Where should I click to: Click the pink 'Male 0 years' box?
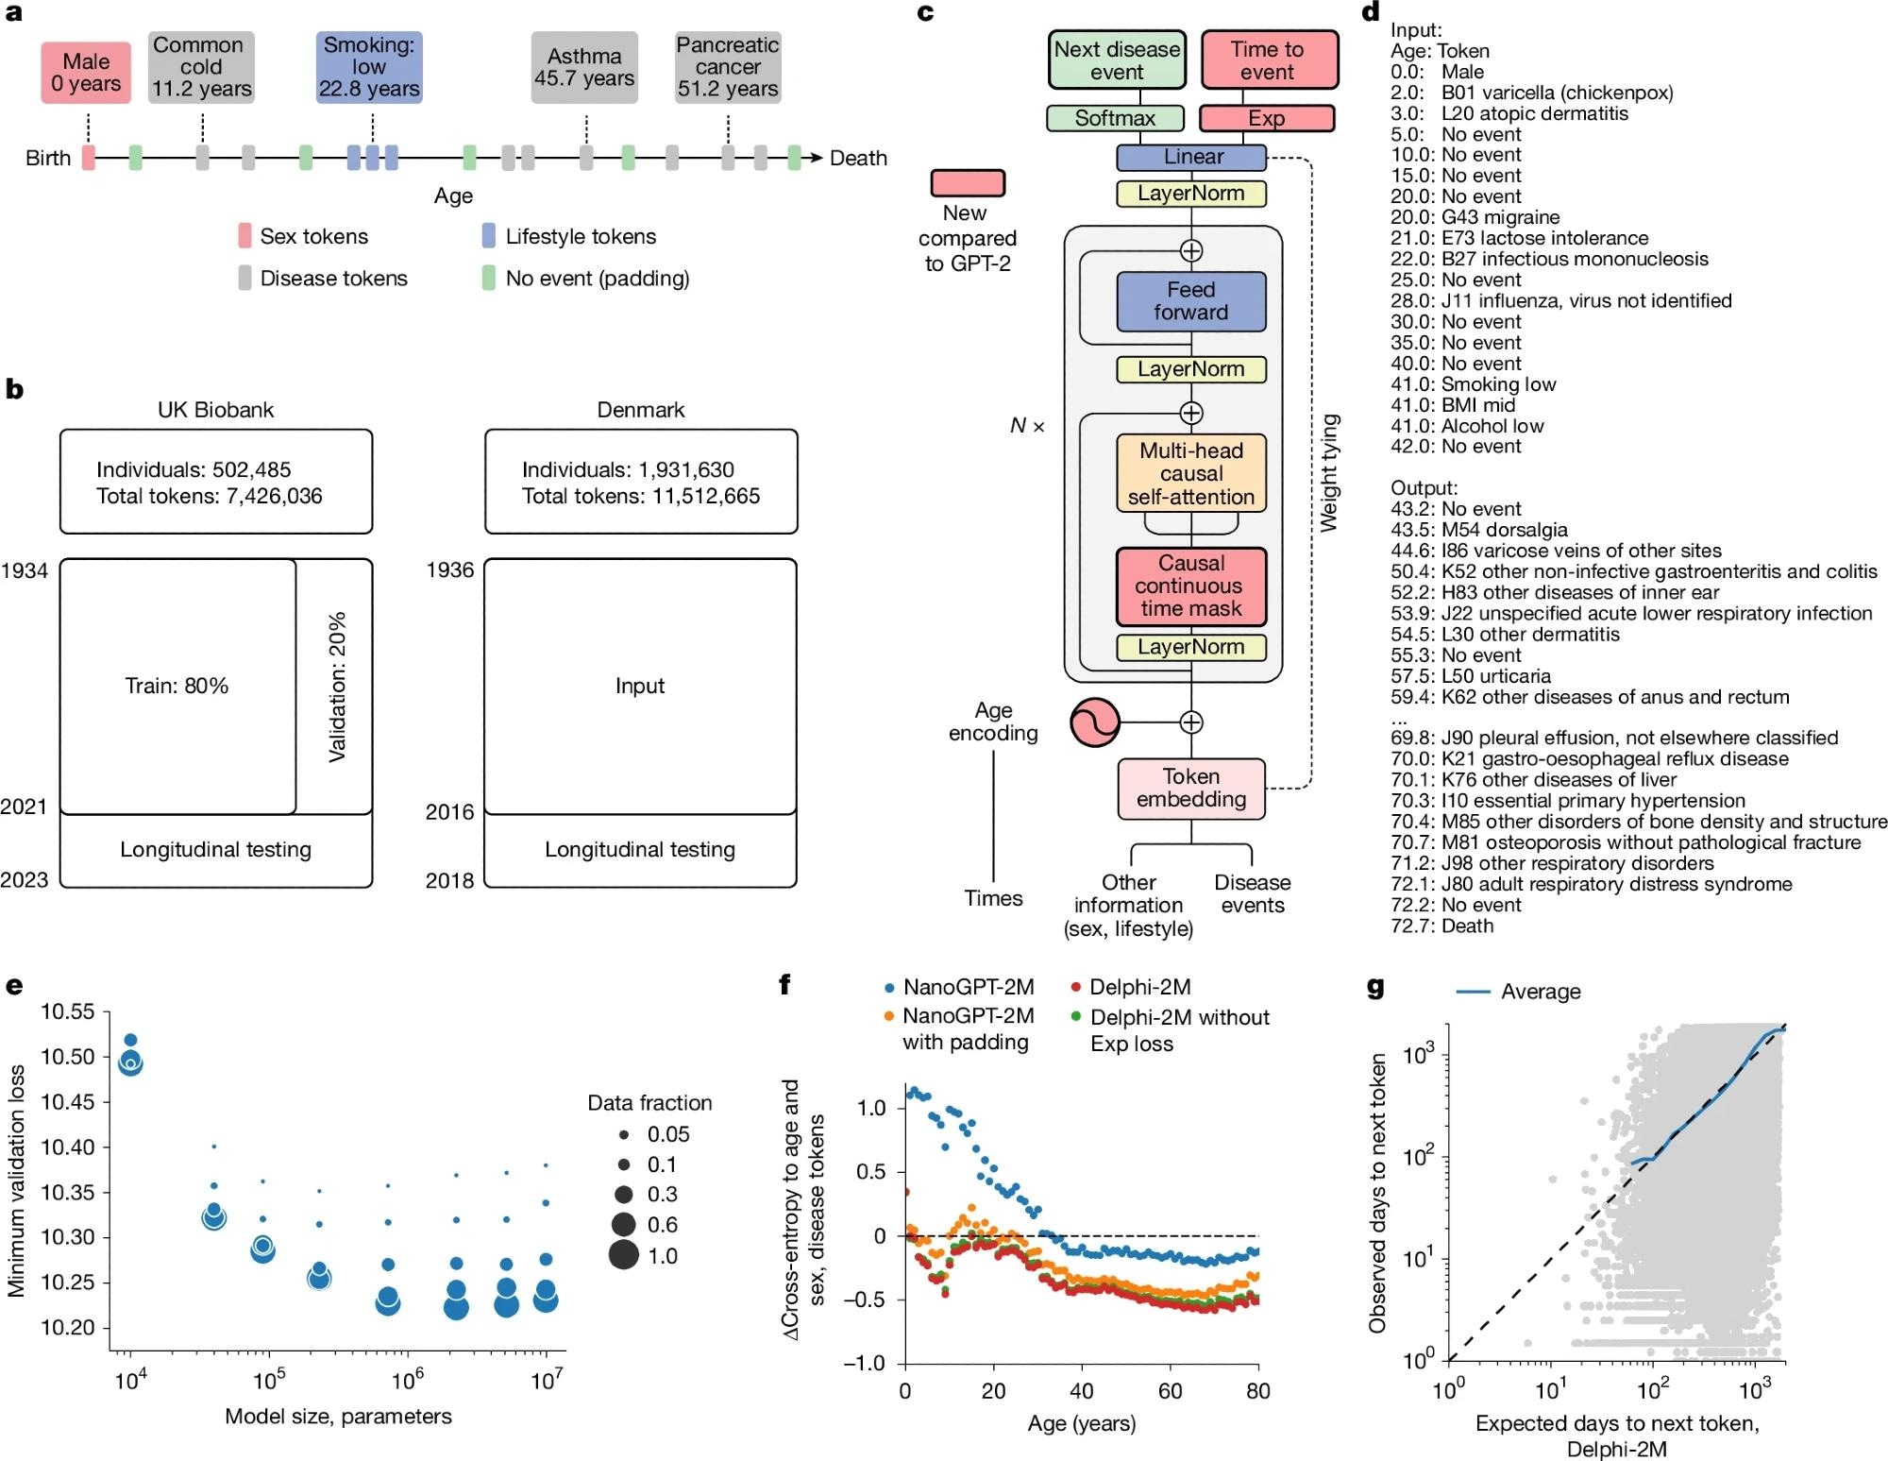[x=86, y=74]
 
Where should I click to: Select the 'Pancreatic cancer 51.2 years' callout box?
[x=728, y=67]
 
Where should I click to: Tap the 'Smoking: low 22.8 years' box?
[x=369, y=67]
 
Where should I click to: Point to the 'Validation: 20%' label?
[x=337, y=687]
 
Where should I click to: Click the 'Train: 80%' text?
[x=177, y=686]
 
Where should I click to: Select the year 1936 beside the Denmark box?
[x=449, y=569]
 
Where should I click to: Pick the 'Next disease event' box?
[x=1117, y=60]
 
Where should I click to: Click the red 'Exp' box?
[x=1266, y=118]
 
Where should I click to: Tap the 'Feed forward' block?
[x=1190, y=301]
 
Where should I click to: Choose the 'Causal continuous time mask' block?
[x=1190, y=586]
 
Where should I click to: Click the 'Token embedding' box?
[x=1190, y=788]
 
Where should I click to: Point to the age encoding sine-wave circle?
[x=1095, y=722]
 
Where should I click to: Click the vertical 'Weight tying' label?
[x=1328, y=472]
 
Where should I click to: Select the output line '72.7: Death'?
[x=1441, y=926]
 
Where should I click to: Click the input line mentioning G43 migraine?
[x=1475, y=217]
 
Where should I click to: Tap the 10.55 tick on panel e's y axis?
[x=68, y=1011]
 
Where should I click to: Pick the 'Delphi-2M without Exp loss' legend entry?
[x=1178, y=1029]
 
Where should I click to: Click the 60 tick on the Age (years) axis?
[x=1170, y=1391]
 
